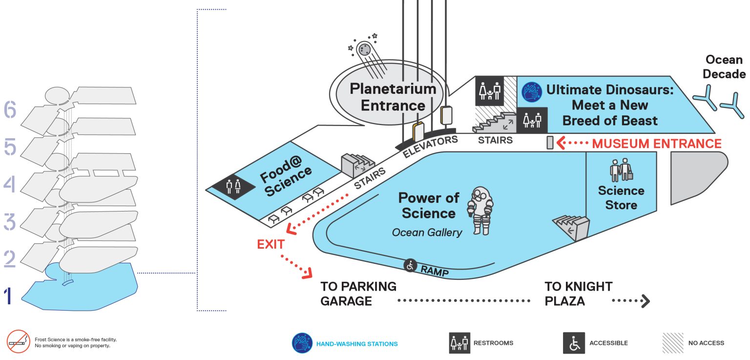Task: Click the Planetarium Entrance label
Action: [393, 97]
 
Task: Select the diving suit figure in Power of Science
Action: [480, 211]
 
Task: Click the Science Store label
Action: [621, 197]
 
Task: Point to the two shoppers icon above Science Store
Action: [621, 169]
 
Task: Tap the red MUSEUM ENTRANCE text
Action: [657, 144]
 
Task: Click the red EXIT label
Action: [271, 244]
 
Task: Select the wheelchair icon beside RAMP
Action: [410, 266]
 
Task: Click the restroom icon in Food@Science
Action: [233, 187]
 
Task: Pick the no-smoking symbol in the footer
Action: [19, 341]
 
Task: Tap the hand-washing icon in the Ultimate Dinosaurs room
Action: [532, 92]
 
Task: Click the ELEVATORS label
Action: [430, 147]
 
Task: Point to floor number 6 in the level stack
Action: [10, 109]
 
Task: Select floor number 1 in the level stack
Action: [8, 296]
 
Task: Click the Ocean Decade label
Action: [724, 66]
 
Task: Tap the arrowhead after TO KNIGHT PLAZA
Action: [646, 301]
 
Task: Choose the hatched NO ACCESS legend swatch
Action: [673, 343]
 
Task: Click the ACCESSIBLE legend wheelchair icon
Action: [574, 343]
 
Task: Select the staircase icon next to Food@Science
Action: [357, 165]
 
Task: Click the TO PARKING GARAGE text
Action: [358, 294]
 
